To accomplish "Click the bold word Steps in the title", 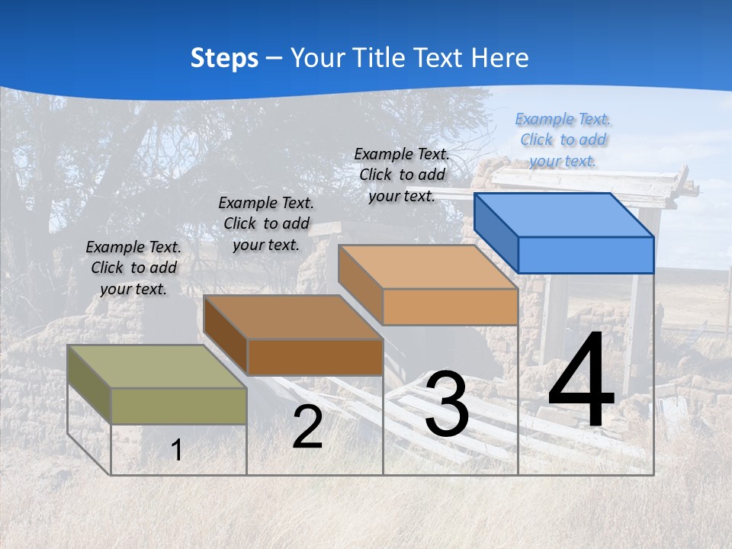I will pyautogui.click(x=224, y=58).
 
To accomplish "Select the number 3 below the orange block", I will pyautogui.click(x=447, y=404).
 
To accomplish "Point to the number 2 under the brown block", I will pyautogui.click(x=307, y=427).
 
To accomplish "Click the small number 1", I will pyautogui.click(x=177, y=450).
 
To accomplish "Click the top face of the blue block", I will pyautogui.click(x=564, y=215).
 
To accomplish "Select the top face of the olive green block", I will pyautogui.click(x=157, y=366).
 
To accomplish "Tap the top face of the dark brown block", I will pyautogui.click(x=293, y=316).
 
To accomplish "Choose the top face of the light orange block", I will pyautogui.click(x=428, y=266).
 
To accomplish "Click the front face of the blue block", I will pyautogui.click(x=586, y=255).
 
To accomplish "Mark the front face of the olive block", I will pyautogui.click(x=178, y=406).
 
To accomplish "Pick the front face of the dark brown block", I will pyautogui.click(x=315, y=357).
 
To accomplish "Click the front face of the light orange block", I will pyautogui.click(x=450, y=307).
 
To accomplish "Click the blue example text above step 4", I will pyautogui.click(x=563, y=140).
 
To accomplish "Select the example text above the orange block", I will pyautogui.click(x=402, y=175).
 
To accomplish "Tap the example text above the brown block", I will pyautogui.click(x=266, y=223).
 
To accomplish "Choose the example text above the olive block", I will pyautogui.click(x=133, y=268).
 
